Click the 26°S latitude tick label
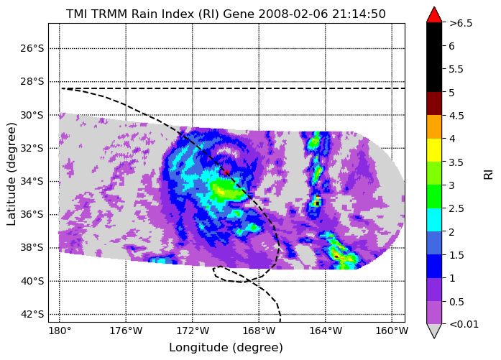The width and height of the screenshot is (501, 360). coord(32,49)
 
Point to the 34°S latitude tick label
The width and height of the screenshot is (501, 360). coord(32,182)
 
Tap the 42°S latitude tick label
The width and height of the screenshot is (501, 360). coord(32,314)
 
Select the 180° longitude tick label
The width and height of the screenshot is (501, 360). coord(60,331)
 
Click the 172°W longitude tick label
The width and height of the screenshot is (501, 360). coord(193,331)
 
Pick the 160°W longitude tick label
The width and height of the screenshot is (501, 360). coord(392,331)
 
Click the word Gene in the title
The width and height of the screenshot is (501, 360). coord(239,14)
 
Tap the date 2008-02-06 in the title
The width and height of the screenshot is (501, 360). coord(293,14)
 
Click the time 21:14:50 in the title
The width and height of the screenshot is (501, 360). coord(359,14)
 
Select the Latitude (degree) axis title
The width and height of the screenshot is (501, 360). coord(11,174)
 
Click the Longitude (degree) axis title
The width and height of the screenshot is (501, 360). coord(226,348)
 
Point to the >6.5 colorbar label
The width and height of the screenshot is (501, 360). coord(461,23)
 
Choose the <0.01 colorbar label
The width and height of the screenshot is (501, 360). coord(464,325)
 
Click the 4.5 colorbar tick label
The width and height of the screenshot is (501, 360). coord(456,116)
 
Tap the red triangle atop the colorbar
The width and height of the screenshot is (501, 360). coord(434,15)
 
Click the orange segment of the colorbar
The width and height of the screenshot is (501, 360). coord(434,126)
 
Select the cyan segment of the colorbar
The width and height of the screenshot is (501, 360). coord(434,220)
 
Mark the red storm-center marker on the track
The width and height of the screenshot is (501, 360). coord(226,172)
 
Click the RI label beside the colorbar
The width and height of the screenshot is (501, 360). coord(489,175)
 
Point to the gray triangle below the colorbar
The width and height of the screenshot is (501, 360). coord(434,331)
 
